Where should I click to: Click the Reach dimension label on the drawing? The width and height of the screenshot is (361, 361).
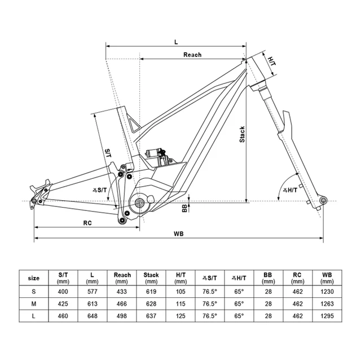click(x=192, y=55)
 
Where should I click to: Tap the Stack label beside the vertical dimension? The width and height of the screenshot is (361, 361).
click(x=242, y=134)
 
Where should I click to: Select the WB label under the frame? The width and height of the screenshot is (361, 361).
click(x=179, y=234)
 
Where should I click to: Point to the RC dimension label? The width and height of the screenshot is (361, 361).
click(x=87, y=223)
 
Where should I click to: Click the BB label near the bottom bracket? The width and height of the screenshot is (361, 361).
click(x=184, y=208)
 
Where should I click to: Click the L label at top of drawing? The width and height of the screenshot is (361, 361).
click(x=176, y=42)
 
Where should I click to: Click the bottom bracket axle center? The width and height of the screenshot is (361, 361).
click(x=139, y=202)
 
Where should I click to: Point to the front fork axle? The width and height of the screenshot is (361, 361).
click(x=323, y=200)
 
